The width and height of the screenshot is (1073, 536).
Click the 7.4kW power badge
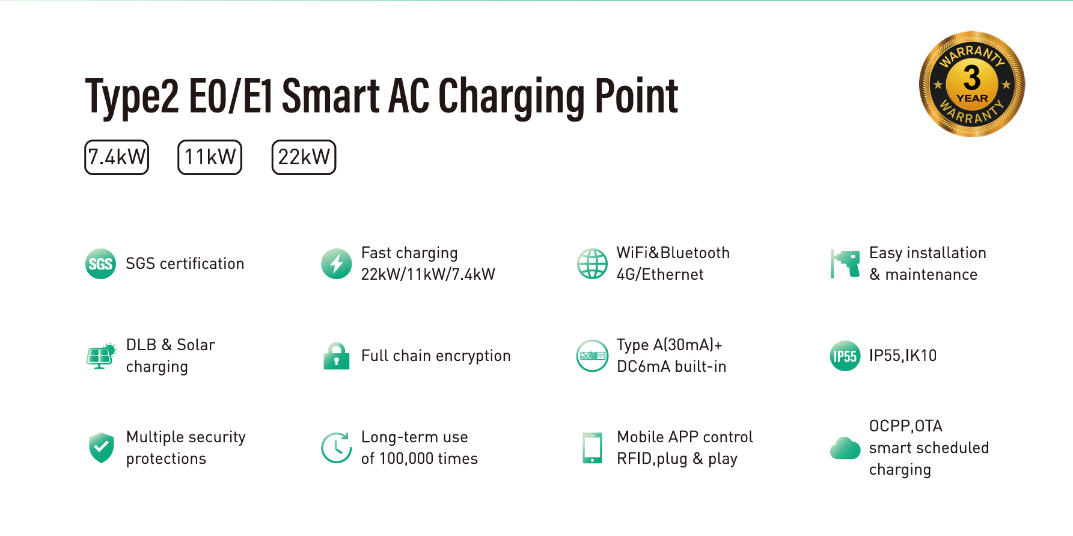click(x=117, y=158)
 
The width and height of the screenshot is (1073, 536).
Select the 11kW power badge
click(x=210, y=158)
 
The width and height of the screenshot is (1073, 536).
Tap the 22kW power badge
click(x=304, y=158)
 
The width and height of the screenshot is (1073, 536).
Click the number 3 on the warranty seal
click(x=971, y=78)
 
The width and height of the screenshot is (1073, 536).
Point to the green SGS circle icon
click(x=100, y=264)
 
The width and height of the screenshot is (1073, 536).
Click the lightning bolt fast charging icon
click(x=337, y=264)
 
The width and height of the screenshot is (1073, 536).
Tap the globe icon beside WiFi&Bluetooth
click(x=592, y=264)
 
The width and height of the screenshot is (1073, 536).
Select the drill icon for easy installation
click(x=846, y=263)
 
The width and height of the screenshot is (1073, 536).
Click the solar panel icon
click(x=100, y=356)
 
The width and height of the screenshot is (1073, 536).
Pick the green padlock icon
click(x=337, y=356)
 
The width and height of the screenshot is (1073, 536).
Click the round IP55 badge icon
click(x=845, y=356)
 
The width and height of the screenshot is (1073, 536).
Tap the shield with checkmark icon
click(x=101, y=448)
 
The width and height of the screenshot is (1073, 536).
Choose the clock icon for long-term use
click(x=336, y=448)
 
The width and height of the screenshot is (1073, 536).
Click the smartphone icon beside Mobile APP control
click(x=592, y=448)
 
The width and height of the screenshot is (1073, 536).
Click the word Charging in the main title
click(x=510, y=96)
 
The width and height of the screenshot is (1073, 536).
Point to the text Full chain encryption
click(x=436, y=356)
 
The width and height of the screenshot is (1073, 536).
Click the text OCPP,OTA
click(x=905, y=426)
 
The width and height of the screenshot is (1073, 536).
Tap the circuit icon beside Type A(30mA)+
click(x=592, y=356)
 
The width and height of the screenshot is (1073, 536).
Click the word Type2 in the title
click(x=132, y=96)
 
